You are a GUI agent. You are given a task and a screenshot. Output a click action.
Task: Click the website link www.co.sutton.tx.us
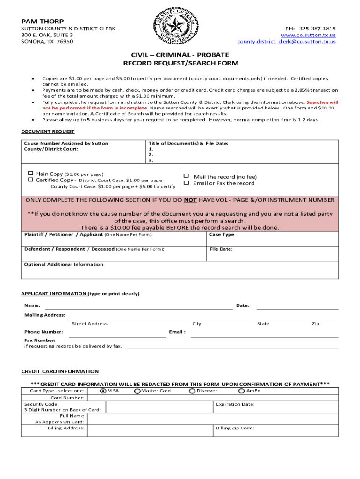pos(308,35)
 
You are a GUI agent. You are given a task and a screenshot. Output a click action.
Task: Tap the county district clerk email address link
pos(286,42)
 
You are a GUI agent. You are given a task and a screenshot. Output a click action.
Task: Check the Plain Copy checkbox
pos(31,174)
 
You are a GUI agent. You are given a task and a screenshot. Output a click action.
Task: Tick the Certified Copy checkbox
pos(31,180)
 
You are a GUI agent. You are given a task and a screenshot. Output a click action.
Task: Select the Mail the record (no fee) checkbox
pos(186,176)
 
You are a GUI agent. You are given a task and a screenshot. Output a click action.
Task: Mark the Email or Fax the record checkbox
pos(186,183)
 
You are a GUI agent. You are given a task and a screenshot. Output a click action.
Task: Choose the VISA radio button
pos(103,391)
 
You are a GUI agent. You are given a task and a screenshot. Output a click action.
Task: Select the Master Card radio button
pos(137,391)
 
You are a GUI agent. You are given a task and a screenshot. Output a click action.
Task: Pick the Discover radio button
pos(192,391)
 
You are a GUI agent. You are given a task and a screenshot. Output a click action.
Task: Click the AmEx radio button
pos(241,391)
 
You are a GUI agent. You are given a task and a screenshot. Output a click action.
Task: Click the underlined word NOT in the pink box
pos(190,200)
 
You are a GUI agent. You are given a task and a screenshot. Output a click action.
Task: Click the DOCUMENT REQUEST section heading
pos(48,132)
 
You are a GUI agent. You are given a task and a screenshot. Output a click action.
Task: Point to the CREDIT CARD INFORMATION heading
pos(60,371)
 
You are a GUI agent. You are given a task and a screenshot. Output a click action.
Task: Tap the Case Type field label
pos(222,235)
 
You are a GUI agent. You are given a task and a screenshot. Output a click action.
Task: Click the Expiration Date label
pos(235,404)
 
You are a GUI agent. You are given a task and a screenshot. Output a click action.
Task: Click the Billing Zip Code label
pos(235,428)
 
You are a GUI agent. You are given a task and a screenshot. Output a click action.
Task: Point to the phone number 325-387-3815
pos(317,29)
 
